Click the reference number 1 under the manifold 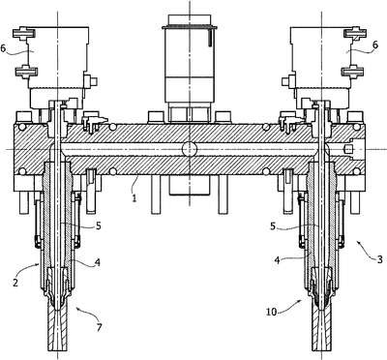(134, 196)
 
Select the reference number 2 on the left (15, 283)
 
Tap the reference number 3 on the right (380, 258)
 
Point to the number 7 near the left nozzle (99, 327)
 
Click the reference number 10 (272, 312)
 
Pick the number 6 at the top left (4, 48)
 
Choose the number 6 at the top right (374, 45)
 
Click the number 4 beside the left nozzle (98, 262)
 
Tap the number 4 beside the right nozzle (276, 259)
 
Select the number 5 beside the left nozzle (98, 225)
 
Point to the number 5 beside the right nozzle (273, 226)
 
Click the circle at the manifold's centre (190, 149)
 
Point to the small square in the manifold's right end (347, 149)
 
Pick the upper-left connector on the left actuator (24, 34)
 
